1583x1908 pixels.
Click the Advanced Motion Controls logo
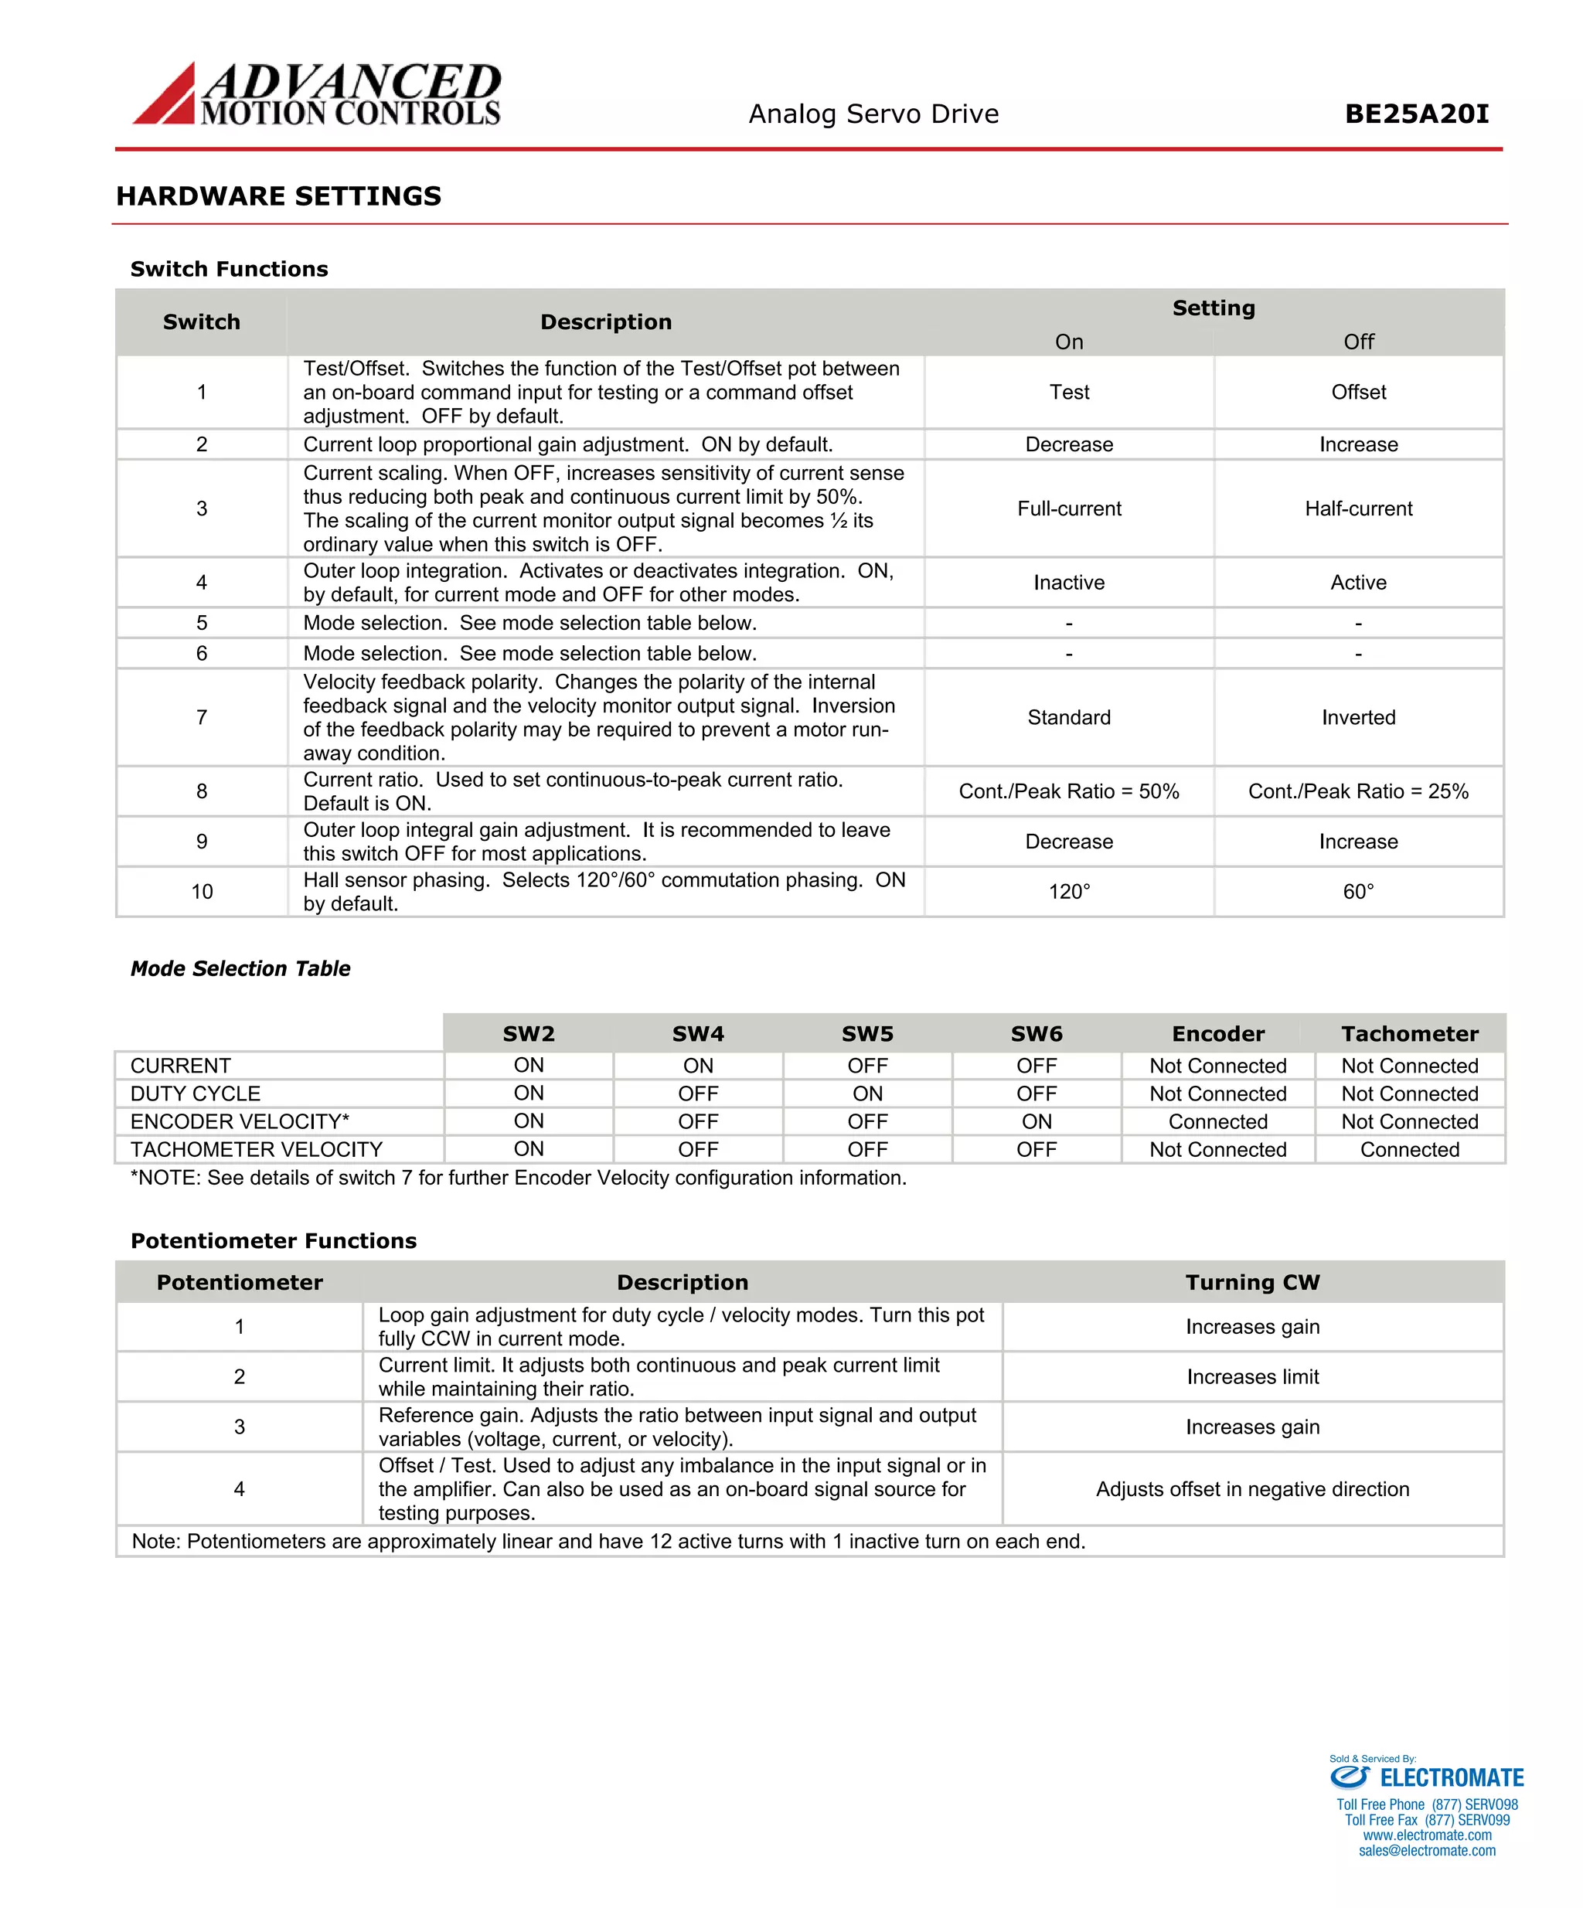coord(317,94)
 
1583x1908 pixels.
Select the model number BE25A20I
coord(1416,114)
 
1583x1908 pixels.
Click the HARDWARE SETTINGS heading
coord(278,196)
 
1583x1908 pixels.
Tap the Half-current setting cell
coord(1357,508)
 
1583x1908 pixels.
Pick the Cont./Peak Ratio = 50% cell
coord(1069,791)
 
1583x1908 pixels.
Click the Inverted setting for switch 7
coord(1357,718)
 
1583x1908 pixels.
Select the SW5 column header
coord(867,1034)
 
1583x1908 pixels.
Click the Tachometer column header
coord(1409,1034)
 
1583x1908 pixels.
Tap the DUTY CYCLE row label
coord(196,1094)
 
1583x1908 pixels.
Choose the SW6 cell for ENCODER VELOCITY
coord(1036,1122)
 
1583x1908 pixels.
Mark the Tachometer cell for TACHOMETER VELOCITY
coord(1409,1149)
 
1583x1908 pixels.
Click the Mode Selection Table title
coord(240,968)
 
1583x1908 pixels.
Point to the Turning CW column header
coord(1251,1282)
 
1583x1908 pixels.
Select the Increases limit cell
coord(1252,1376)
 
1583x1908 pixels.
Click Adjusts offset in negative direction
coord(1252,1489)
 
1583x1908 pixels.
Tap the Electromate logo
coord(1427,1778)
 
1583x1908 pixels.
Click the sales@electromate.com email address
coord(1427,1851)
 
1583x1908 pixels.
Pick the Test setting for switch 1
coord(1069,393)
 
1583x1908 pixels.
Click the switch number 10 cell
coord(202,893)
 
